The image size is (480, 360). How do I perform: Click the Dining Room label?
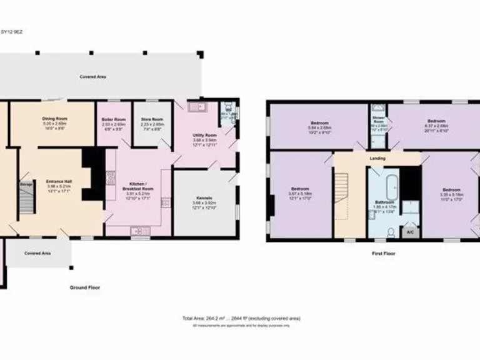coord(54,119)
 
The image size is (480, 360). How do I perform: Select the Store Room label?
coord(152,119)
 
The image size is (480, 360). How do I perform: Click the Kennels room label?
coord(205,197)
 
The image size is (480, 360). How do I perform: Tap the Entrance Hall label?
coord(60,182)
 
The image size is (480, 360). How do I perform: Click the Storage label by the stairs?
coord(26,185)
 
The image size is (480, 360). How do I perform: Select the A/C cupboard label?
coord(410,232)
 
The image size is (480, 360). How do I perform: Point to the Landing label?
coord(377,158)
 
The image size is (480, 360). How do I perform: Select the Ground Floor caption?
coord(86,287)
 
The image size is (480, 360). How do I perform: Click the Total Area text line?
coord(241,319)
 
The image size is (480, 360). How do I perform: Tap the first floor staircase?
coord(341,197)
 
